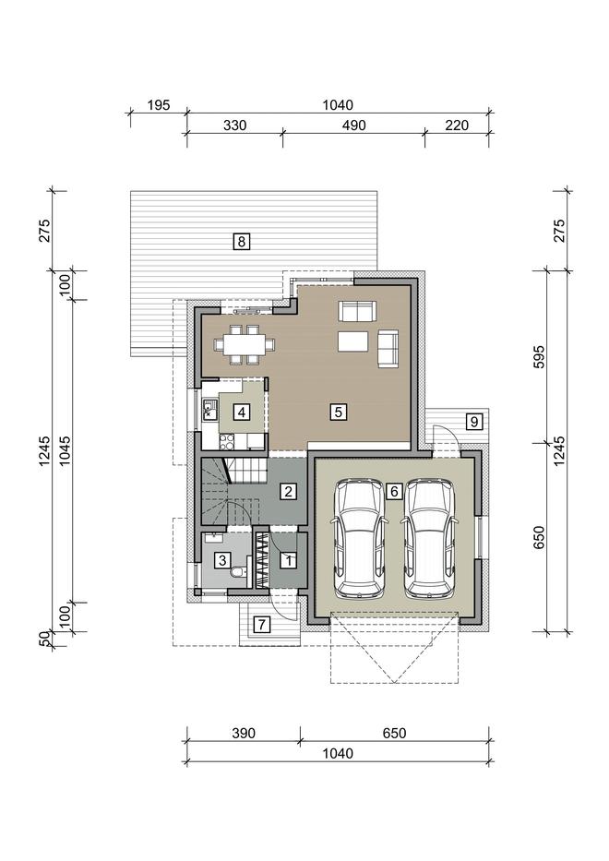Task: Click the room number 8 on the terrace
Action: tap(242, 241)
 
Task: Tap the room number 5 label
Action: tap(339, 412)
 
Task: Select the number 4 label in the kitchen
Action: tap(242, 412)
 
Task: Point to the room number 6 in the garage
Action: tap(394, 491)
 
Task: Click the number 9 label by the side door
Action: tap(473, 422)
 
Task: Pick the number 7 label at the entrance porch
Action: tap(262, 625)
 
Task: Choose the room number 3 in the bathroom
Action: tap(222, 561)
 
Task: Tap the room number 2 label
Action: tap(288, 491)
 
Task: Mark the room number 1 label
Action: tap(288, 561)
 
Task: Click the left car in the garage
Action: tap(360, 538)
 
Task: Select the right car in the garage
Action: tap(429, 538)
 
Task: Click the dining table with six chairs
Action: tap(245, 344)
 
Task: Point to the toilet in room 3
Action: tap(238, 573)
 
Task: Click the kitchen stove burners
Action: tap(227, 441)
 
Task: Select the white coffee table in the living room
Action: tap(352, 341)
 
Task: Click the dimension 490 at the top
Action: tap(354, 126)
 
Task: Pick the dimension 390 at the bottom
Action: tap(244, 733)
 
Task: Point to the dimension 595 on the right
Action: tap(539, 357)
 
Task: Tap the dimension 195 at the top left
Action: tap(159, 105)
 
